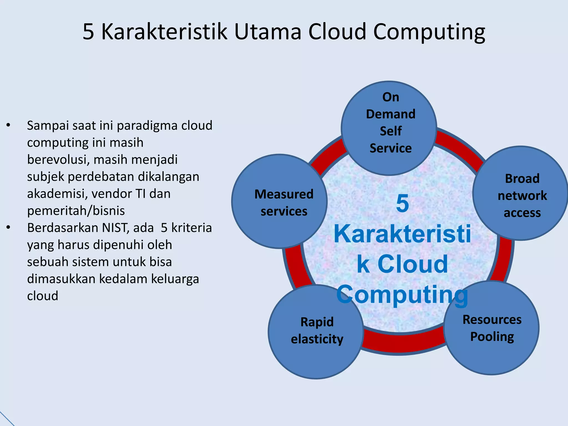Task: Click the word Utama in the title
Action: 268,32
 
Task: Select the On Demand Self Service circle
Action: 389,128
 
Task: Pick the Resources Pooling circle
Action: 492,328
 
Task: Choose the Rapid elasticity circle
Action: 316,332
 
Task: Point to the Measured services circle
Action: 280,201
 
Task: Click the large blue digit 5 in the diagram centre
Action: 402,203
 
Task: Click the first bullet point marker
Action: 9,125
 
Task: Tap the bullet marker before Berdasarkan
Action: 9,228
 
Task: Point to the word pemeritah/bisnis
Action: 76,211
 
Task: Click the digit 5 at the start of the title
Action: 88,32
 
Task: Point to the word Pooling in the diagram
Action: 492,337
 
